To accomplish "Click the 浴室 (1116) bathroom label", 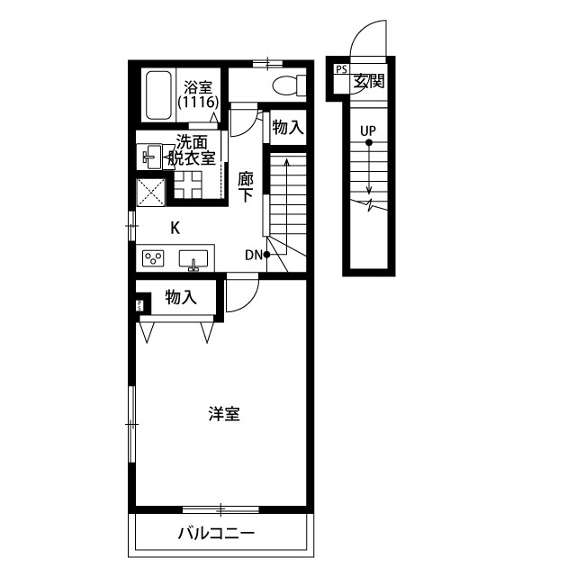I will click(197, 95).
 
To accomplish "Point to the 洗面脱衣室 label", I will click(195, 149).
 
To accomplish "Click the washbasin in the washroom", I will click(152, 156).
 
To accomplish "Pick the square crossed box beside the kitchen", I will click(149, 191).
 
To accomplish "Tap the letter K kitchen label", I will click(175, 228).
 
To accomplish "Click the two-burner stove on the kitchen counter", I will click(153, 259).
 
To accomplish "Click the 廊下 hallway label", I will click(246, 187).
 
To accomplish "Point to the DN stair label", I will click(252, 255).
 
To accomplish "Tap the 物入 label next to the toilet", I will click(287, 128).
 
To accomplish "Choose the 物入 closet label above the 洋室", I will click(181, 297).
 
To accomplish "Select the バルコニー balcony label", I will click(216, 534).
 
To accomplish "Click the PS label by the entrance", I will click(341, 70).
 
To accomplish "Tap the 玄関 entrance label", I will click(369, 81).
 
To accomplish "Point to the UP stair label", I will click(368, 130).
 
